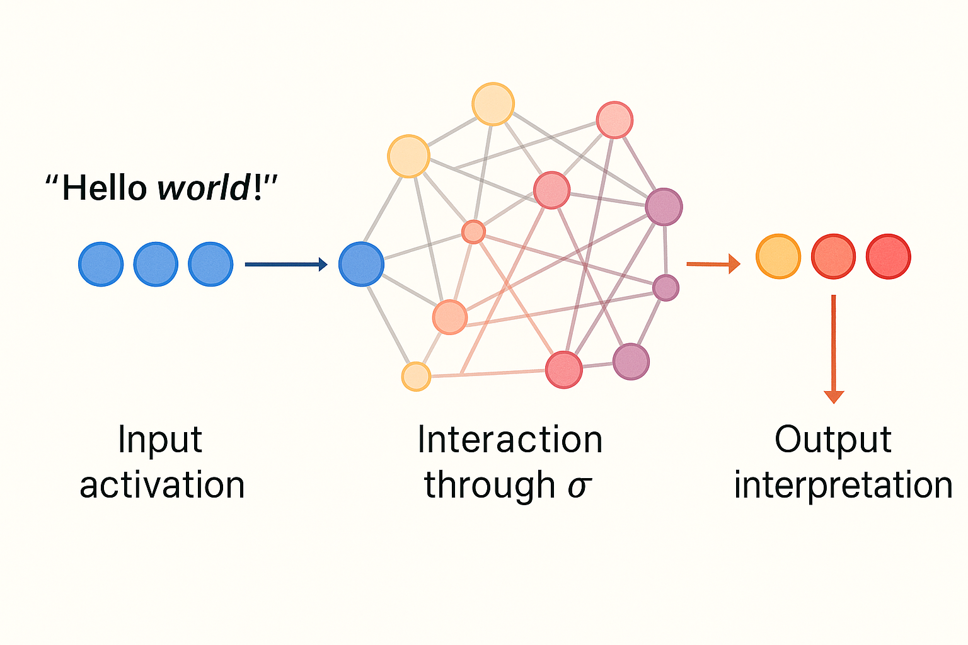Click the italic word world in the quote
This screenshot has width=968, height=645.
pyautogui.click(x=204, y=188)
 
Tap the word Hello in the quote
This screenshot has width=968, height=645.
pyautogui.click(x=104, y=188)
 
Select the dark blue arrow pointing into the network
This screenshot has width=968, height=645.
pyautogui.click(x=286, y=265)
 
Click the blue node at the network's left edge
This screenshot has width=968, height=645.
pyautogui.click(x=361, y=264)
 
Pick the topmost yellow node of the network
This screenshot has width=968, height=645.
pyautogui.click(x=493, y=104)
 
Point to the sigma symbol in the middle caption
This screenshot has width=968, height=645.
pyautogui.click(x=579, y=486)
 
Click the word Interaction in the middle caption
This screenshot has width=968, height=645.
pyautogui.click(x=510, y=440)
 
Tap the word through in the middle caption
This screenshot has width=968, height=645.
pyautogui.click(x=489, y=486)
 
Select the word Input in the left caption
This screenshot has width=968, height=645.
pyautogui.click(x=160, y=440)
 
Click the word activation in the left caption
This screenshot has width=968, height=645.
pyautogui.click(x=162, y=486)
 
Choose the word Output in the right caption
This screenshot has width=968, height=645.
pyautogui.click(x=833, y=440)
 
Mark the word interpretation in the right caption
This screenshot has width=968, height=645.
pyautogui.click(x=843, y=486)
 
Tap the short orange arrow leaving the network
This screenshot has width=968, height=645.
pyautogui.click(x=713, y=264)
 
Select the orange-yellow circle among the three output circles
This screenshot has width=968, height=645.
pyautogui.click(x=778, y=256)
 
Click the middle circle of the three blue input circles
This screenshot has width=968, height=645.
pyautogui.click(x=156, y=264)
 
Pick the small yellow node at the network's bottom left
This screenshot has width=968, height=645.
pyautogui.click(x=416, y=377)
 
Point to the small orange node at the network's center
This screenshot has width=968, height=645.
pyautogui.click(x=473, y=232)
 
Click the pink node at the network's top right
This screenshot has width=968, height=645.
pyautogui.click(x=614, y=120)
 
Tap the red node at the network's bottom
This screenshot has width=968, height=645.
pyautogui.click(x=563, y=370)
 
